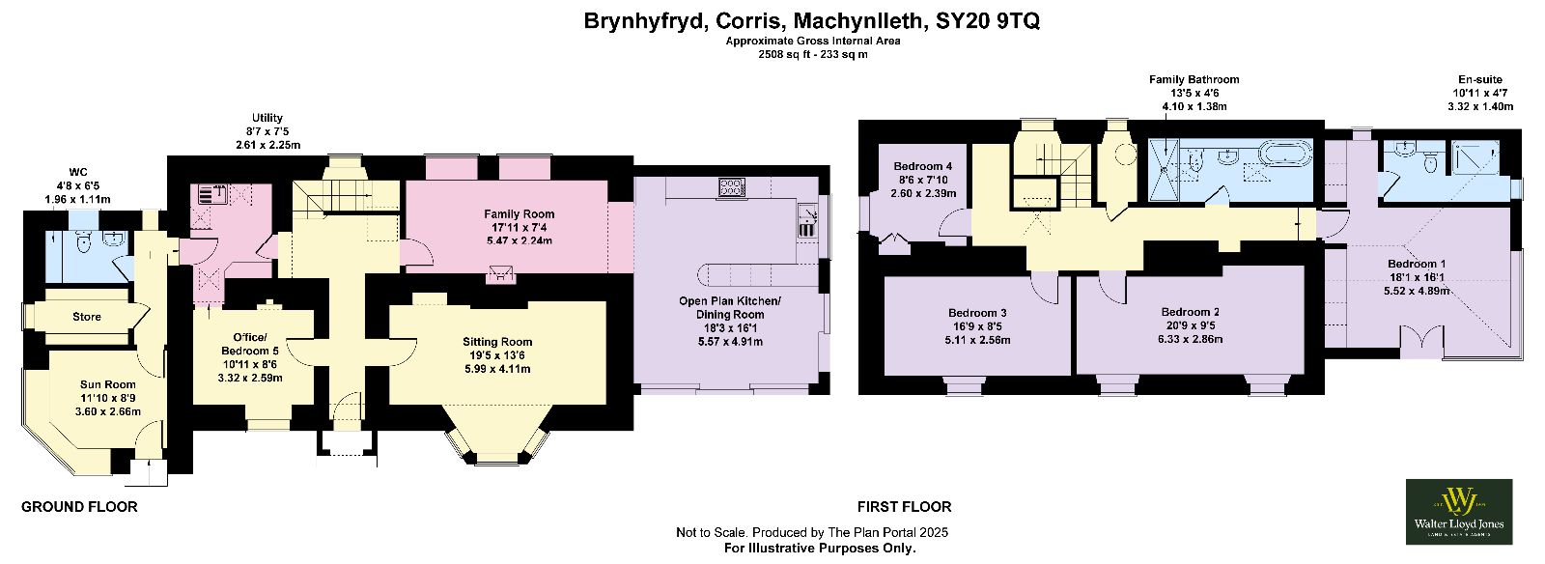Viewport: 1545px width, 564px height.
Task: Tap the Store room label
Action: [x=87, y=317]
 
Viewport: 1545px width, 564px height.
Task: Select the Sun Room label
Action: [x=107, y=384]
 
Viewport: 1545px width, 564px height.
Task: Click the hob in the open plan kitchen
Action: [x=732, y=186]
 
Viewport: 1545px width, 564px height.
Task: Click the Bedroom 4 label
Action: [x=923, y=166]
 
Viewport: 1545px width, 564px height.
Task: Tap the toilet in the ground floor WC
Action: [x=84, y=241]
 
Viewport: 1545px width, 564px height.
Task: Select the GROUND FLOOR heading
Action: [x=79, y=507]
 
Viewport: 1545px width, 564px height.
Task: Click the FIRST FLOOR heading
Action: [x=904, y=507]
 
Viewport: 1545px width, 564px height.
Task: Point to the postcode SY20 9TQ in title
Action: [x=988, y=20]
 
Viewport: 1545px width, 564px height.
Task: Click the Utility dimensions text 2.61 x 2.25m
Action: [x=267, y=145]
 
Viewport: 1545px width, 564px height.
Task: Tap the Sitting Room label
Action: [x=497, y=341]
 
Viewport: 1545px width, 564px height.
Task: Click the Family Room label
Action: [x=519, y=213]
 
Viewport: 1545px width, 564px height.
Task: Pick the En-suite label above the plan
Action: [x=1480, y=79]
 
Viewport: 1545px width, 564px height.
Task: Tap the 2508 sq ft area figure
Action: [x=785, y=54]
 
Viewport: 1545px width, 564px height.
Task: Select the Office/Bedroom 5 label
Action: [x=250, y=344]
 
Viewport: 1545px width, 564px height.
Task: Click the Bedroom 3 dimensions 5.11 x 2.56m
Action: [x=977, y=340]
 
